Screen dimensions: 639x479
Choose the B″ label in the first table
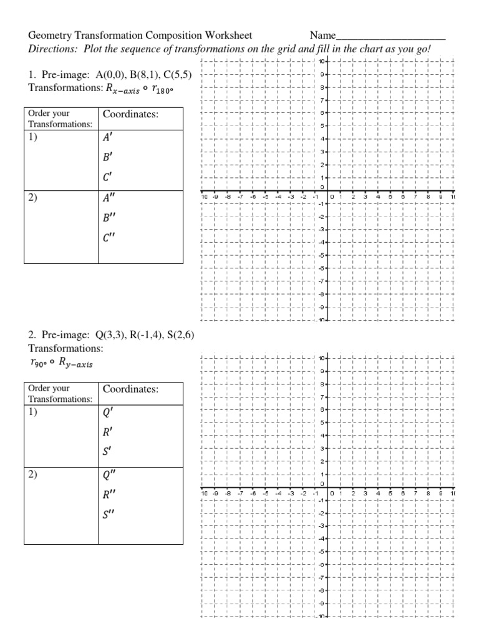(110, 218)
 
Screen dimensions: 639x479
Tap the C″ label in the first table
(110, 237)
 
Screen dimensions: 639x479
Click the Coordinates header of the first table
(130, 115)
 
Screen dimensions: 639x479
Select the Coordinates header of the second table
(130, 389)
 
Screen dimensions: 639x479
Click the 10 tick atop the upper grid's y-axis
(321, 62)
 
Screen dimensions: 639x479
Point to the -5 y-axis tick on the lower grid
(322, 552)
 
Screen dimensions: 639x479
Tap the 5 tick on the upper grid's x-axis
(390, 197)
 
